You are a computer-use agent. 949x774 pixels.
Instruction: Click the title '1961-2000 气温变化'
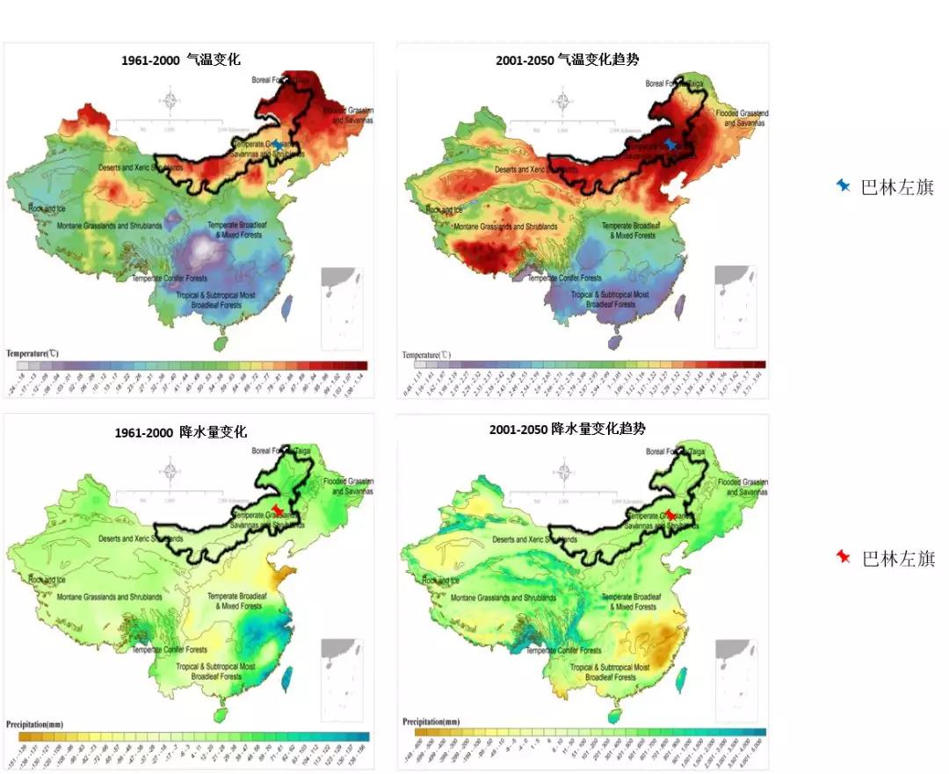coord(180,61)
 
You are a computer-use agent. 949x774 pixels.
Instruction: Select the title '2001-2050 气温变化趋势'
coord(567,60)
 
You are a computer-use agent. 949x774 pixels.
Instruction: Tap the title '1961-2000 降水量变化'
coord(180,432)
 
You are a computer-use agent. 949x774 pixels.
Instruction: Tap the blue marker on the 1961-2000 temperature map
coord(278,144)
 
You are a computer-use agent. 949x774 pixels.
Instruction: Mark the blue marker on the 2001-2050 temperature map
coord(670,144)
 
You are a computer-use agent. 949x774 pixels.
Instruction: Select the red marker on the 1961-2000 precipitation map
coord(278,510)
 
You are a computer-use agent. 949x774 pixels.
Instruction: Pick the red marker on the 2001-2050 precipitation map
coord(670,514)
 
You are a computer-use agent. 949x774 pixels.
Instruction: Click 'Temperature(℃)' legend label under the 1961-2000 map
coord(33,352)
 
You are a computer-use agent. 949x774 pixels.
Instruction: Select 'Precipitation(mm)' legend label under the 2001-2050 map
coord(431,721)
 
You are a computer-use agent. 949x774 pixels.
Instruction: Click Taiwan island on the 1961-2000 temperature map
coord(286,306)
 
